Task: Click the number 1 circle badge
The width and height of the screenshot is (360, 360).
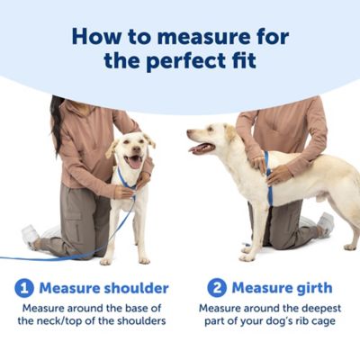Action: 24,288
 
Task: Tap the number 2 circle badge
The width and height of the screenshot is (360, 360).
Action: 217,288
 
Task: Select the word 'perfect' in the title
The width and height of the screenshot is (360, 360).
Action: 186,61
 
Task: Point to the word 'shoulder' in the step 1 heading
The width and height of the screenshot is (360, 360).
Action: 136,288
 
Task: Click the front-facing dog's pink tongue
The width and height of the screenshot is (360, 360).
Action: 135,163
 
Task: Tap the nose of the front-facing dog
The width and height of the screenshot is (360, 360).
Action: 137,148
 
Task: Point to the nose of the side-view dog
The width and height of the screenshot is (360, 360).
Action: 190,132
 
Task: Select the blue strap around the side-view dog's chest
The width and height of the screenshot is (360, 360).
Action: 268,178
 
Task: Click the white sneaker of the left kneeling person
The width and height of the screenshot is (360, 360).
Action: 31,235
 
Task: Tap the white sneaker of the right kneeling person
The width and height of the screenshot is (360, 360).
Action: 326,223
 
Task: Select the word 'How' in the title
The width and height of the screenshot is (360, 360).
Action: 96,37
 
